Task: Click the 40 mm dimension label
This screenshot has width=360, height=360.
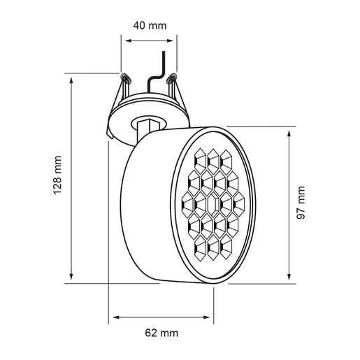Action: click(149, 26)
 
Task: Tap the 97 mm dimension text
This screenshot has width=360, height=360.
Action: click(302, 203)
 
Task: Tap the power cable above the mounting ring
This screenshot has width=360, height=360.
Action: click(161, 70)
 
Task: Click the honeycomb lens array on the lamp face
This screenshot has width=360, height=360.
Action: click(214, 206)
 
